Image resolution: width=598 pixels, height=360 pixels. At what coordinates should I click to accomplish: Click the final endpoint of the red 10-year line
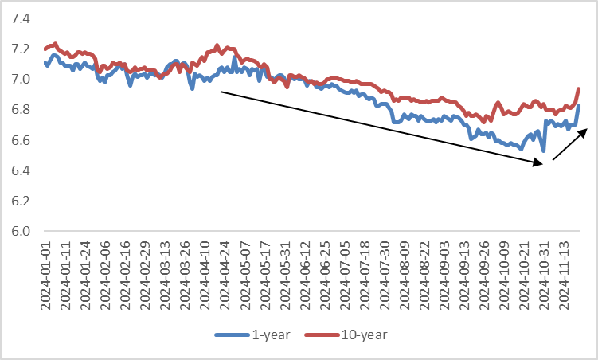(x=579, y=88)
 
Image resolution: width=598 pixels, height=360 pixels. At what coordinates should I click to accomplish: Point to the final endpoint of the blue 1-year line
(x=579, y=105)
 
